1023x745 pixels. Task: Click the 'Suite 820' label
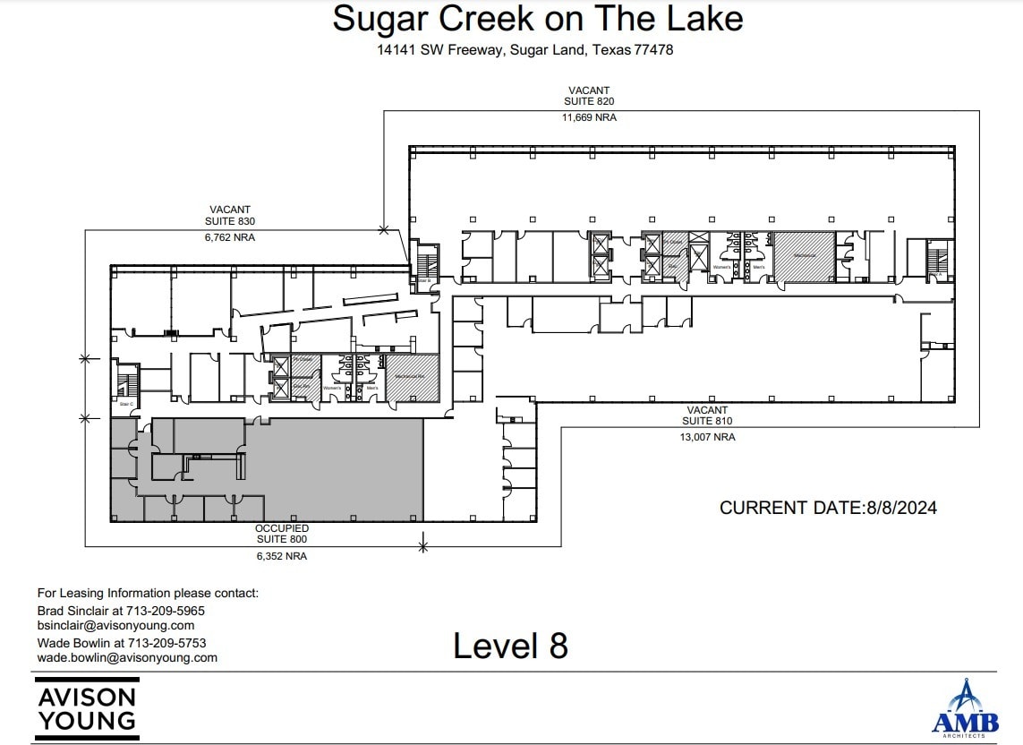(x=588, y=102)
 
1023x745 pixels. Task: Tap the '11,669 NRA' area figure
(x=588, y=117)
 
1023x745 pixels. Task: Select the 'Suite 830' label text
(x=230, y=221)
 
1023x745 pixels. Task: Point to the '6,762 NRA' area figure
(x=230, y=237)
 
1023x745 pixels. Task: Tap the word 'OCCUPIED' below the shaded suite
(x=282, y=528)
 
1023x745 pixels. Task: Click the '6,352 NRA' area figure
(x=282, y=556)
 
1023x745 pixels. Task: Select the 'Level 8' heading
(x=510, y=646)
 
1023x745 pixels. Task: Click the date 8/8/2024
(x=901, y=508)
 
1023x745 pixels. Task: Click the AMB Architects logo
(x=965, y=709)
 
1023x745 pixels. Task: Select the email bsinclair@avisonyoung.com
(x=115, y=625)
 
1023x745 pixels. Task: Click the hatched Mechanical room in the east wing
(x=804, y=255)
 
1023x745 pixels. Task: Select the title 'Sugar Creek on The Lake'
(x=537, y=19)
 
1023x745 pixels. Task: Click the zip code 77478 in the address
(x=652, y=50)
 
